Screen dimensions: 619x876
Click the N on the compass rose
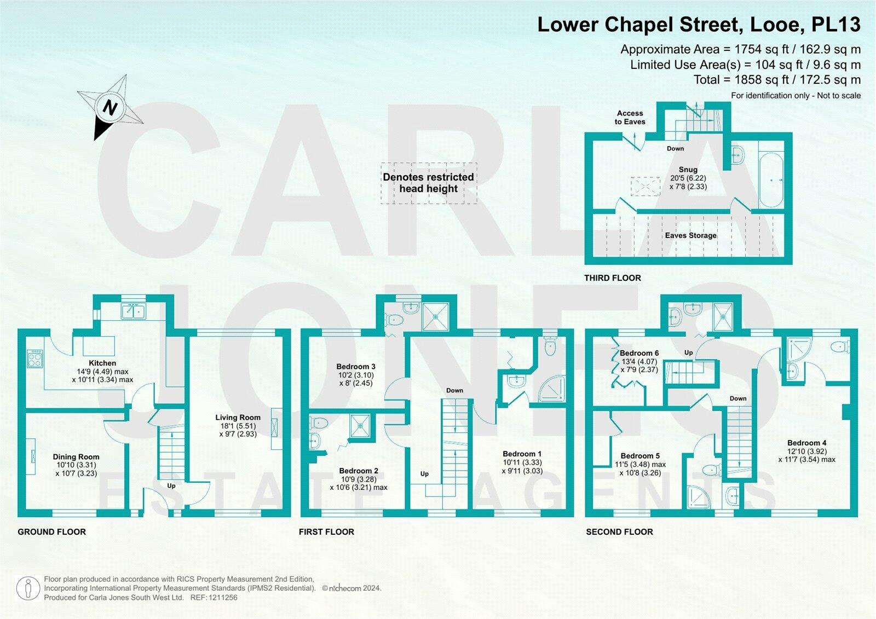click(110, 107)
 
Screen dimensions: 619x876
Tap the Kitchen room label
click(102, 363)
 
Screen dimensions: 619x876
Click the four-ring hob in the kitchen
click(35, 359)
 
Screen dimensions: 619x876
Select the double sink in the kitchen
click(132, 311)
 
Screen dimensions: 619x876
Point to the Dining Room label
click(76, 457)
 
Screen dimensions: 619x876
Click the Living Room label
click(238, 418)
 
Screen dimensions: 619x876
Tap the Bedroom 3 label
click(356, 367)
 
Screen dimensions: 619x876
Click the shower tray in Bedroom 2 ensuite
click(360, 425)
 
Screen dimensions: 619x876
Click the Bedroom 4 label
click(806, 443)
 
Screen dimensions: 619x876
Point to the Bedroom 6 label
click(639, 353)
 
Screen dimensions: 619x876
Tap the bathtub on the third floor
click(771, 180)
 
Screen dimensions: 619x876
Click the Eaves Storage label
click(690, 235)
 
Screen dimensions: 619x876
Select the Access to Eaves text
click(630, 118)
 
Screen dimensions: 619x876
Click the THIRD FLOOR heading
click(612, 278)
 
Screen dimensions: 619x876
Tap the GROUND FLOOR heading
click(51, 532)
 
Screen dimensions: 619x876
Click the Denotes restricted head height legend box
click(429, 183)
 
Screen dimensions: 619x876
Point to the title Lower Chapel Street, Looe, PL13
click(699, 25)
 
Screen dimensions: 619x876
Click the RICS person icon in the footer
click(27, 588)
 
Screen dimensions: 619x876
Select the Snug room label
click(688, 170)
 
